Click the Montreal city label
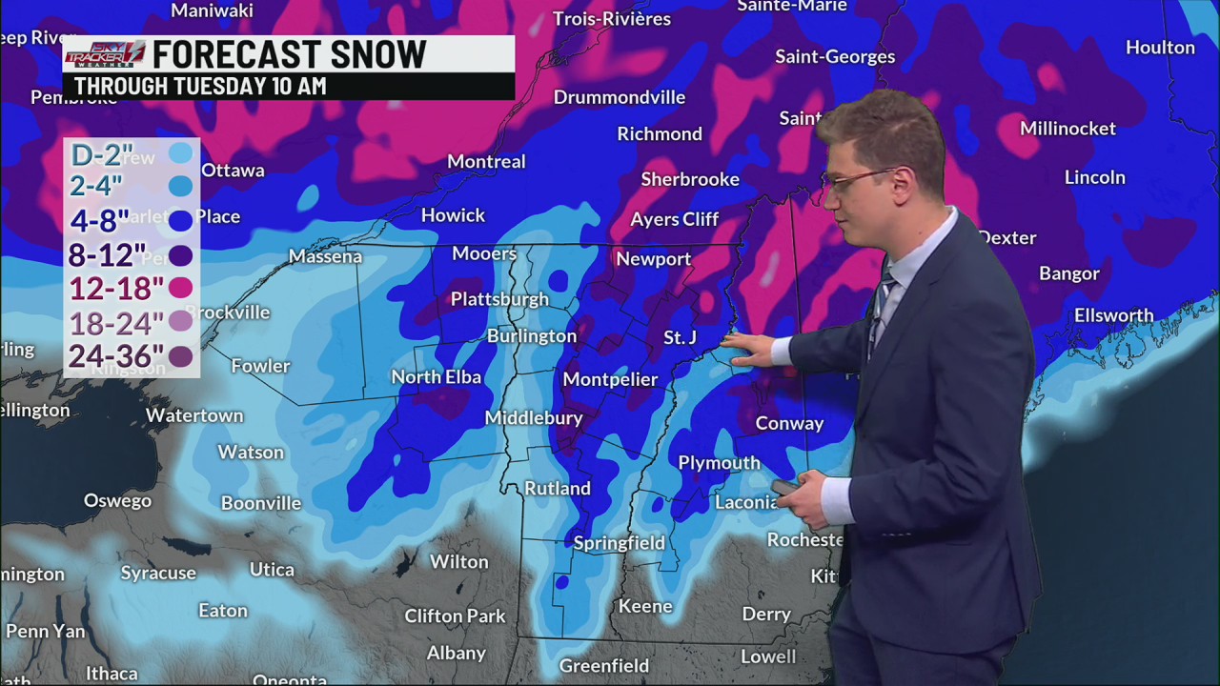[x=486, y=162]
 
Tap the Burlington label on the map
[x=531, y=336]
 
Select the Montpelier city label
[x=610, y=379]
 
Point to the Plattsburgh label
[x=499, y=299]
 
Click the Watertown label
[x=194, y=416]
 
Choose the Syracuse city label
[x=158, y=573]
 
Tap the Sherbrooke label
[x=690, y=179]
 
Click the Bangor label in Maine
[x=1068, y=274]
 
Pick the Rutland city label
[x=558, y=488]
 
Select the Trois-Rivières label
[x=612, y=19]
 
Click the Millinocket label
[x=1067, y=129]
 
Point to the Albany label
[x=457, y=654]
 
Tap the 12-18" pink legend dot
[x=180, y=288]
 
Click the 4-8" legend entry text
[x=99, y=221]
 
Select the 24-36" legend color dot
[x=180, y=356]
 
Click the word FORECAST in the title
[x=234, y=55]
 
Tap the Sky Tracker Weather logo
[x=105, y=53]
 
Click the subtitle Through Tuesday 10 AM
[x=200, y=86]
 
